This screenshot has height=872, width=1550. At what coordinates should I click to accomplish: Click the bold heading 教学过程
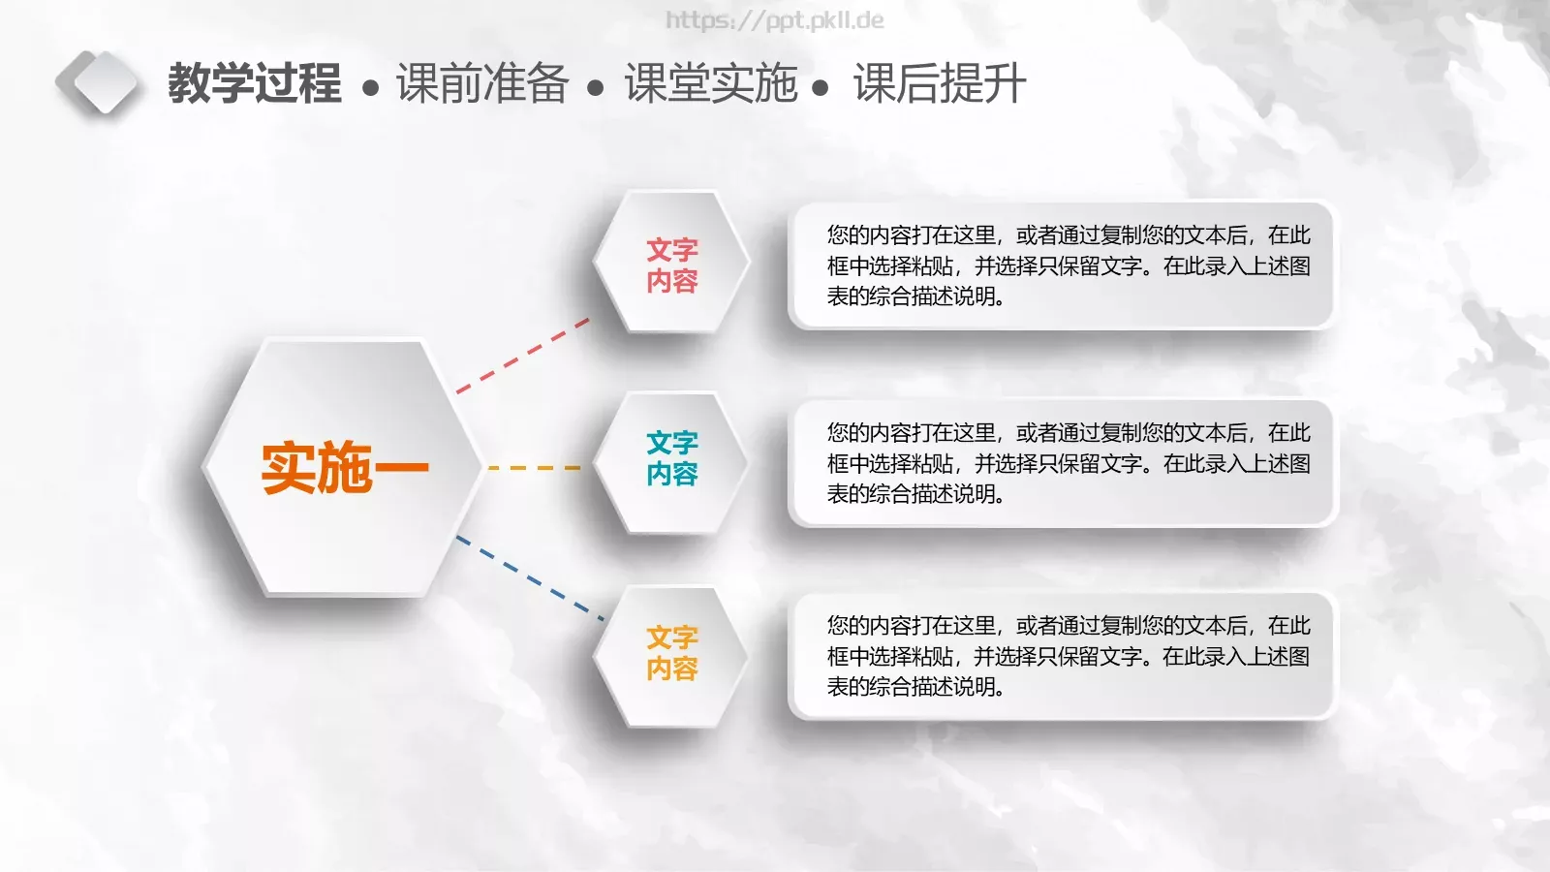pos(254,83)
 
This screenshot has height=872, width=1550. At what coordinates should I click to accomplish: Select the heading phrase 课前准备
pos(481,83)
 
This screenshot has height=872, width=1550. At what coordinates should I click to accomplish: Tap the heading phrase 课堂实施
pos(710,83)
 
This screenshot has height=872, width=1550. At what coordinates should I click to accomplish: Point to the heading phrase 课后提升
pos(939,83)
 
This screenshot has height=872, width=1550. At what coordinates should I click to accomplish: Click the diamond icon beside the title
pos(97,82)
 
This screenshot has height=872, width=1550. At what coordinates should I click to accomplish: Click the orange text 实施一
pos(344,468)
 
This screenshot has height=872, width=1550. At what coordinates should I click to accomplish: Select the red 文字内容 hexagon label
pos(671,265)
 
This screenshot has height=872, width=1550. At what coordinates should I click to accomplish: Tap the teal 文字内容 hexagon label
pos(671,458)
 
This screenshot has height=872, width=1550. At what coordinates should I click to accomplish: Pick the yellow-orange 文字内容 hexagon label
pos(671,652)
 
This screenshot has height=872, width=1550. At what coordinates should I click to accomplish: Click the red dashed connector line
pos(523,355)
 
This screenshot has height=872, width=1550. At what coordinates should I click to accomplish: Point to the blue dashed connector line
pos(529,578)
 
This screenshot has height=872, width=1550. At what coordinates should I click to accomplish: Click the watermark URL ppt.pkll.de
pos(775,20)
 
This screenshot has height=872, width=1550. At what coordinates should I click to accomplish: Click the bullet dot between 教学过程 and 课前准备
pos(369,89)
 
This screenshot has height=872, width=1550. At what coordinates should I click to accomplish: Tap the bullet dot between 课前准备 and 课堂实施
pos(596,89)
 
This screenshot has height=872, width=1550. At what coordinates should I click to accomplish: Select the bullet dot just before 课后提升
pos(821,89)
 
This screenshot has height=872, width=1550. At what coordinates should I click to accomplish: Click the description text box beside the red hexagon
pos(1062,265)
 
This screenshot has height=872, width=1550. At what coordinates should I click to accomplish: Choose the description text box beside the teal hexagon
pos(1062,463)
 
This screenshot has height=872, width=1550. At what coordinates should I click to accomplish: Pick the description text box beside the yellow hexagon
pos(1062,656)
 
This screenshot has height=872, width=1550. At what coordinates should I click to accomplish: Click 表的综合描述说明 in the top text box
pos(914,296)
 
